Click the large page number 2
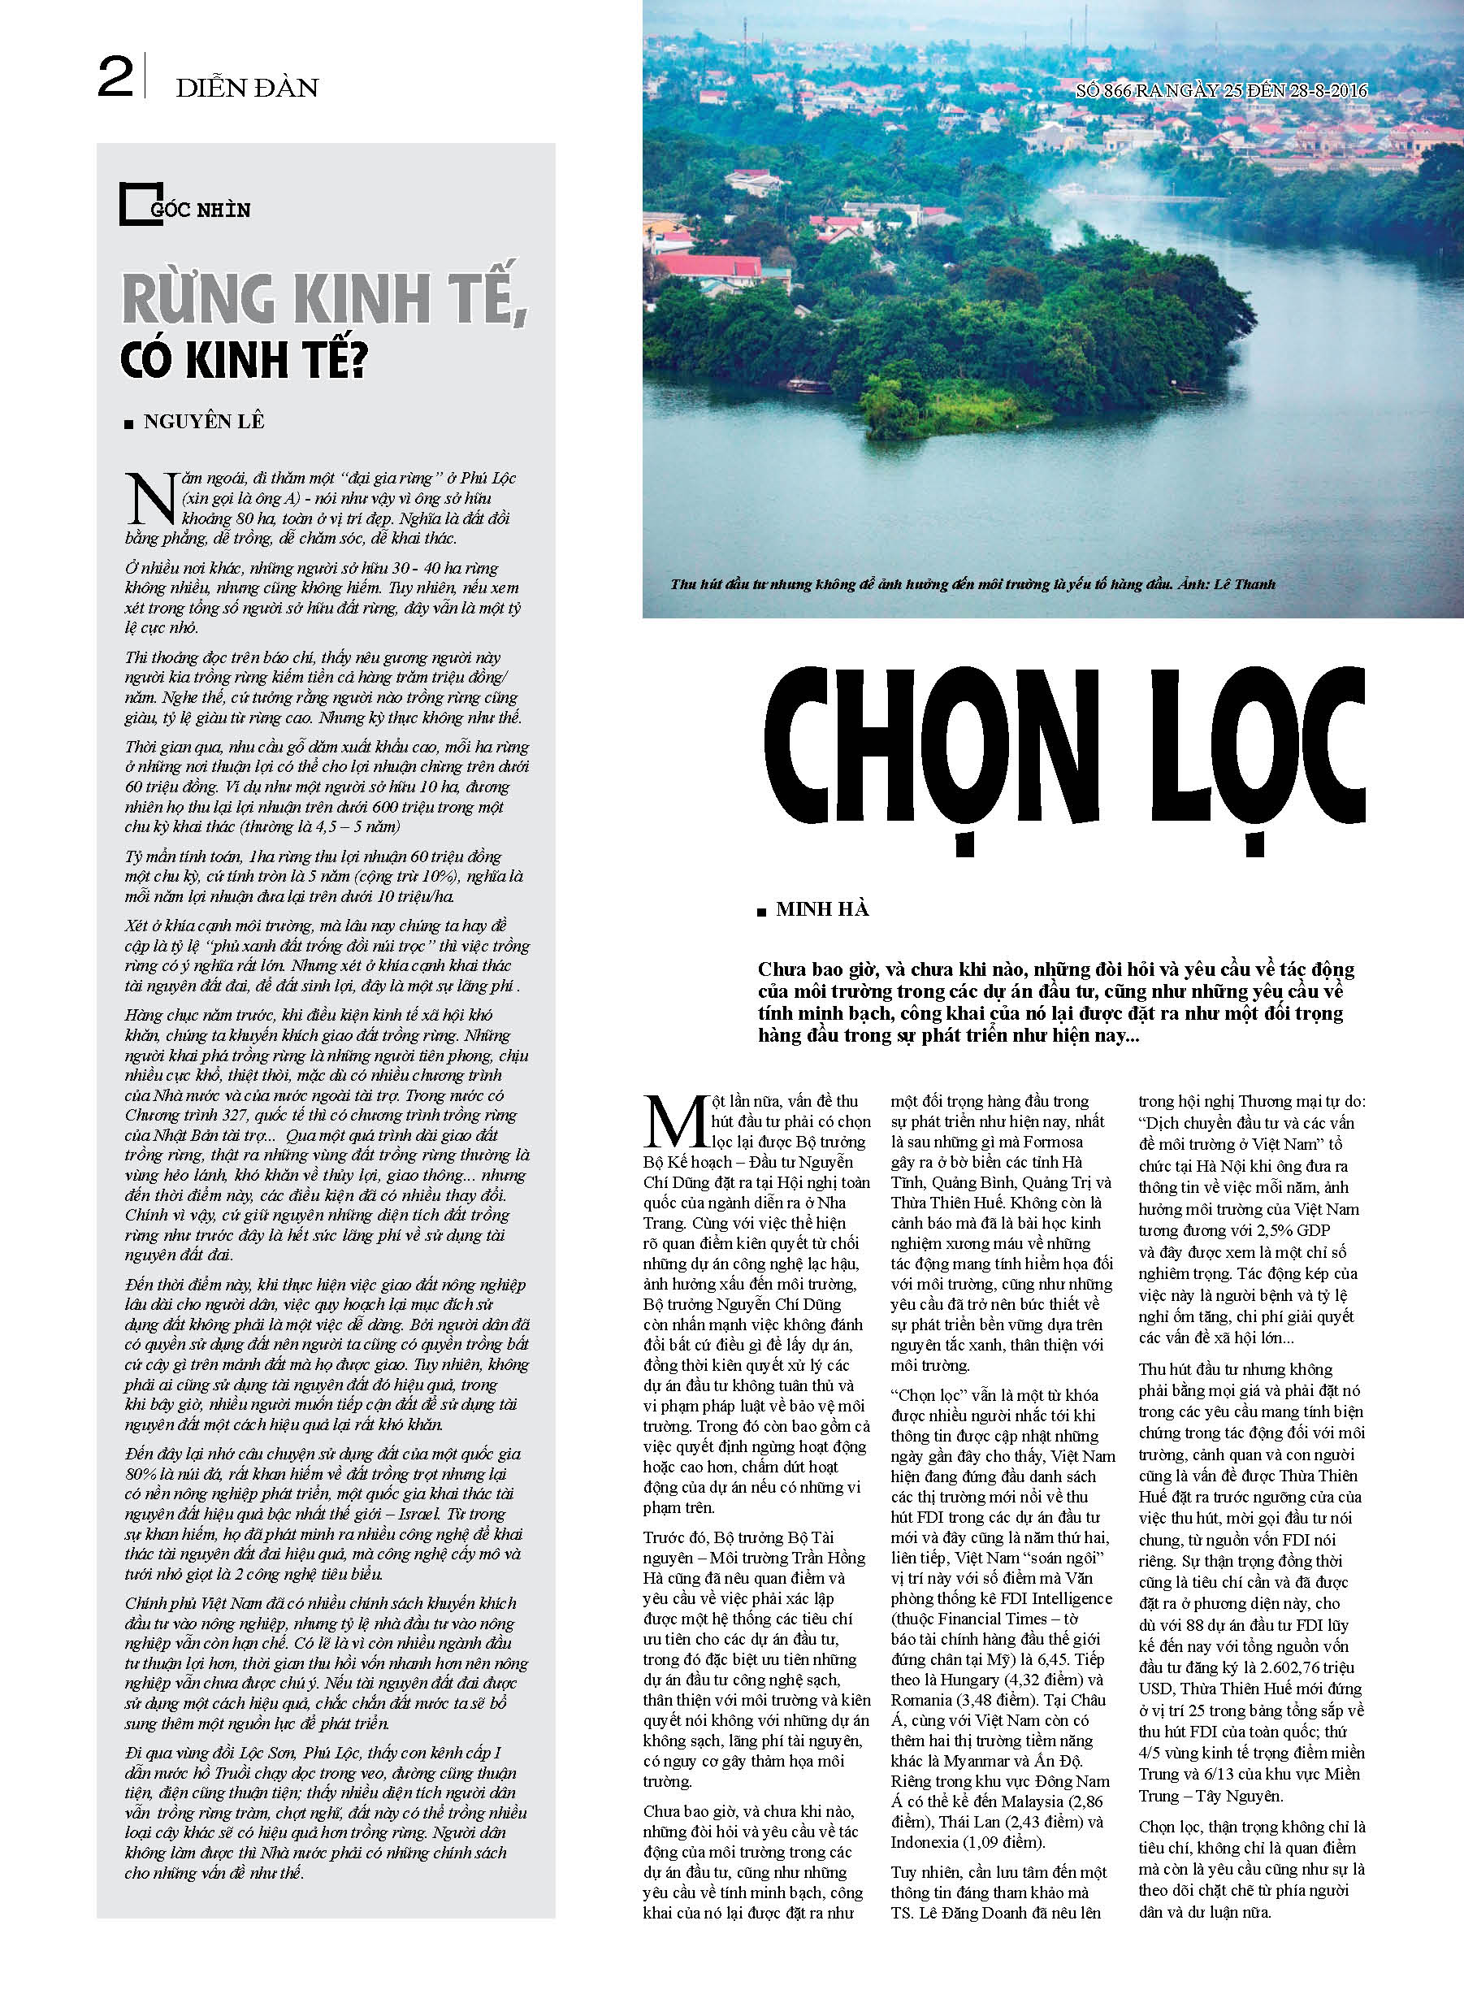(x=115, y=77)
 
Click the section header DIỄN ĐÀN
(x=247, y=88)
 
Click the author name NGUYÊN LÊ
(x=204, y=422)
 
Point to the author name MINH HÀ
(x=821, y=908)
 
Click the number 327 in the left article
(x=219, y=1116)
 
